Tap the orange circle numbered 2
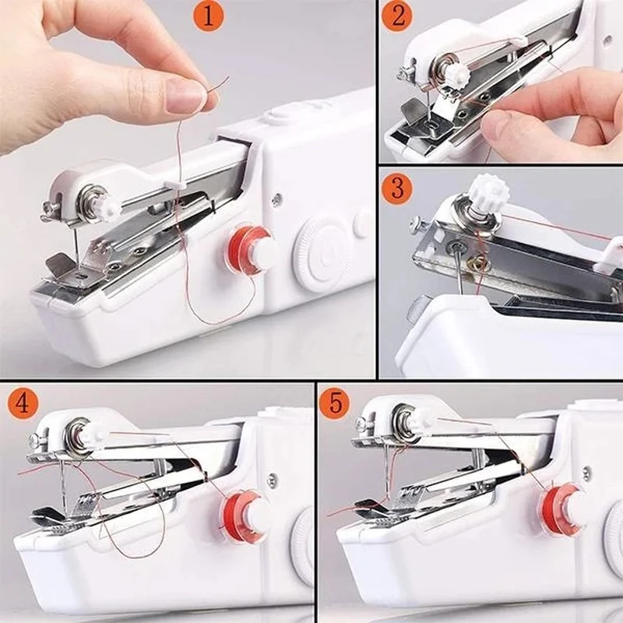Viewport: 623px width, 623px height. (x=397, y=16)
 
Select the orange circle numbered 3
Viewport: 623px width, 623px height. (x=397, y=189)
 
